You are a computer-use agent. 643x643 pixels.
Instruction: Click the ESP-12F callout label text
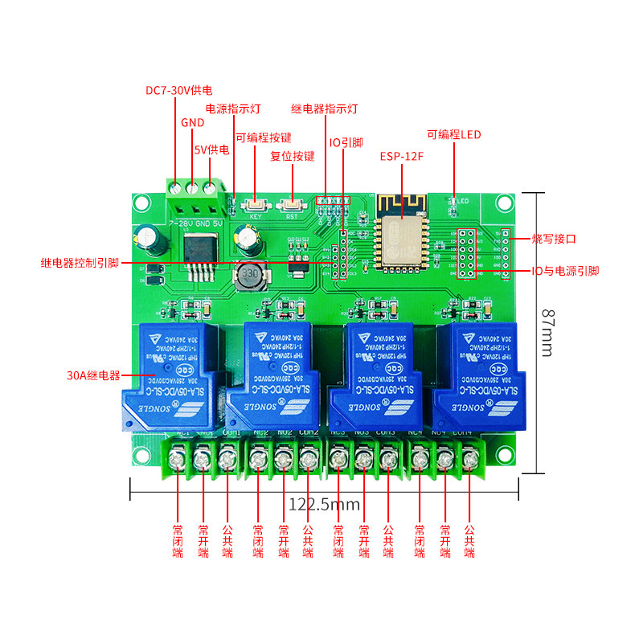coord(401,156)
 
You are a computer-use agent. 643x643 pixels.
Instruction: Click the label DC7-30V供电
coord(178,90)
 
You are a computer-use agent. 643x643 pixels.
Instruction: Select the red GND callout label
coord(192,123)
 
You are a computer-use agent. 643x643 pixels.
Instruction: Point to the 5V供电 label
coord(211,149)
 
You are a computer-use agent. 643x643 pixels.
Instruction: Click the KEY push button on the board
coord(256,205)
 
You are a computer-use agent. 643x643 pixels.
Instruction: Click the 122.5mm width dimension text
coord(325,504)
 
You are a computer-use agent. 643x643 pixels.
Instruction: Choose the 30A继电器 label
coord(93,375)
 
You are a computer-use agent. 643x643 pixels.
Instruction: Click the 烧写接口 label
coord(555,239)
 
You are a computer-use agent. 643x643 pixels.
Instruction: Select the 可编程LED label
coord(453,134)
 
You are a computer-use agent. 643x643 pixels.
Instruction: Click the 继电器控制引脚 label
coord(80,263)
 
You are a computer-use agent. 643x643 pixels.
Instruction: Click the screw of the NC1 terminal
coord(178,460)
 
